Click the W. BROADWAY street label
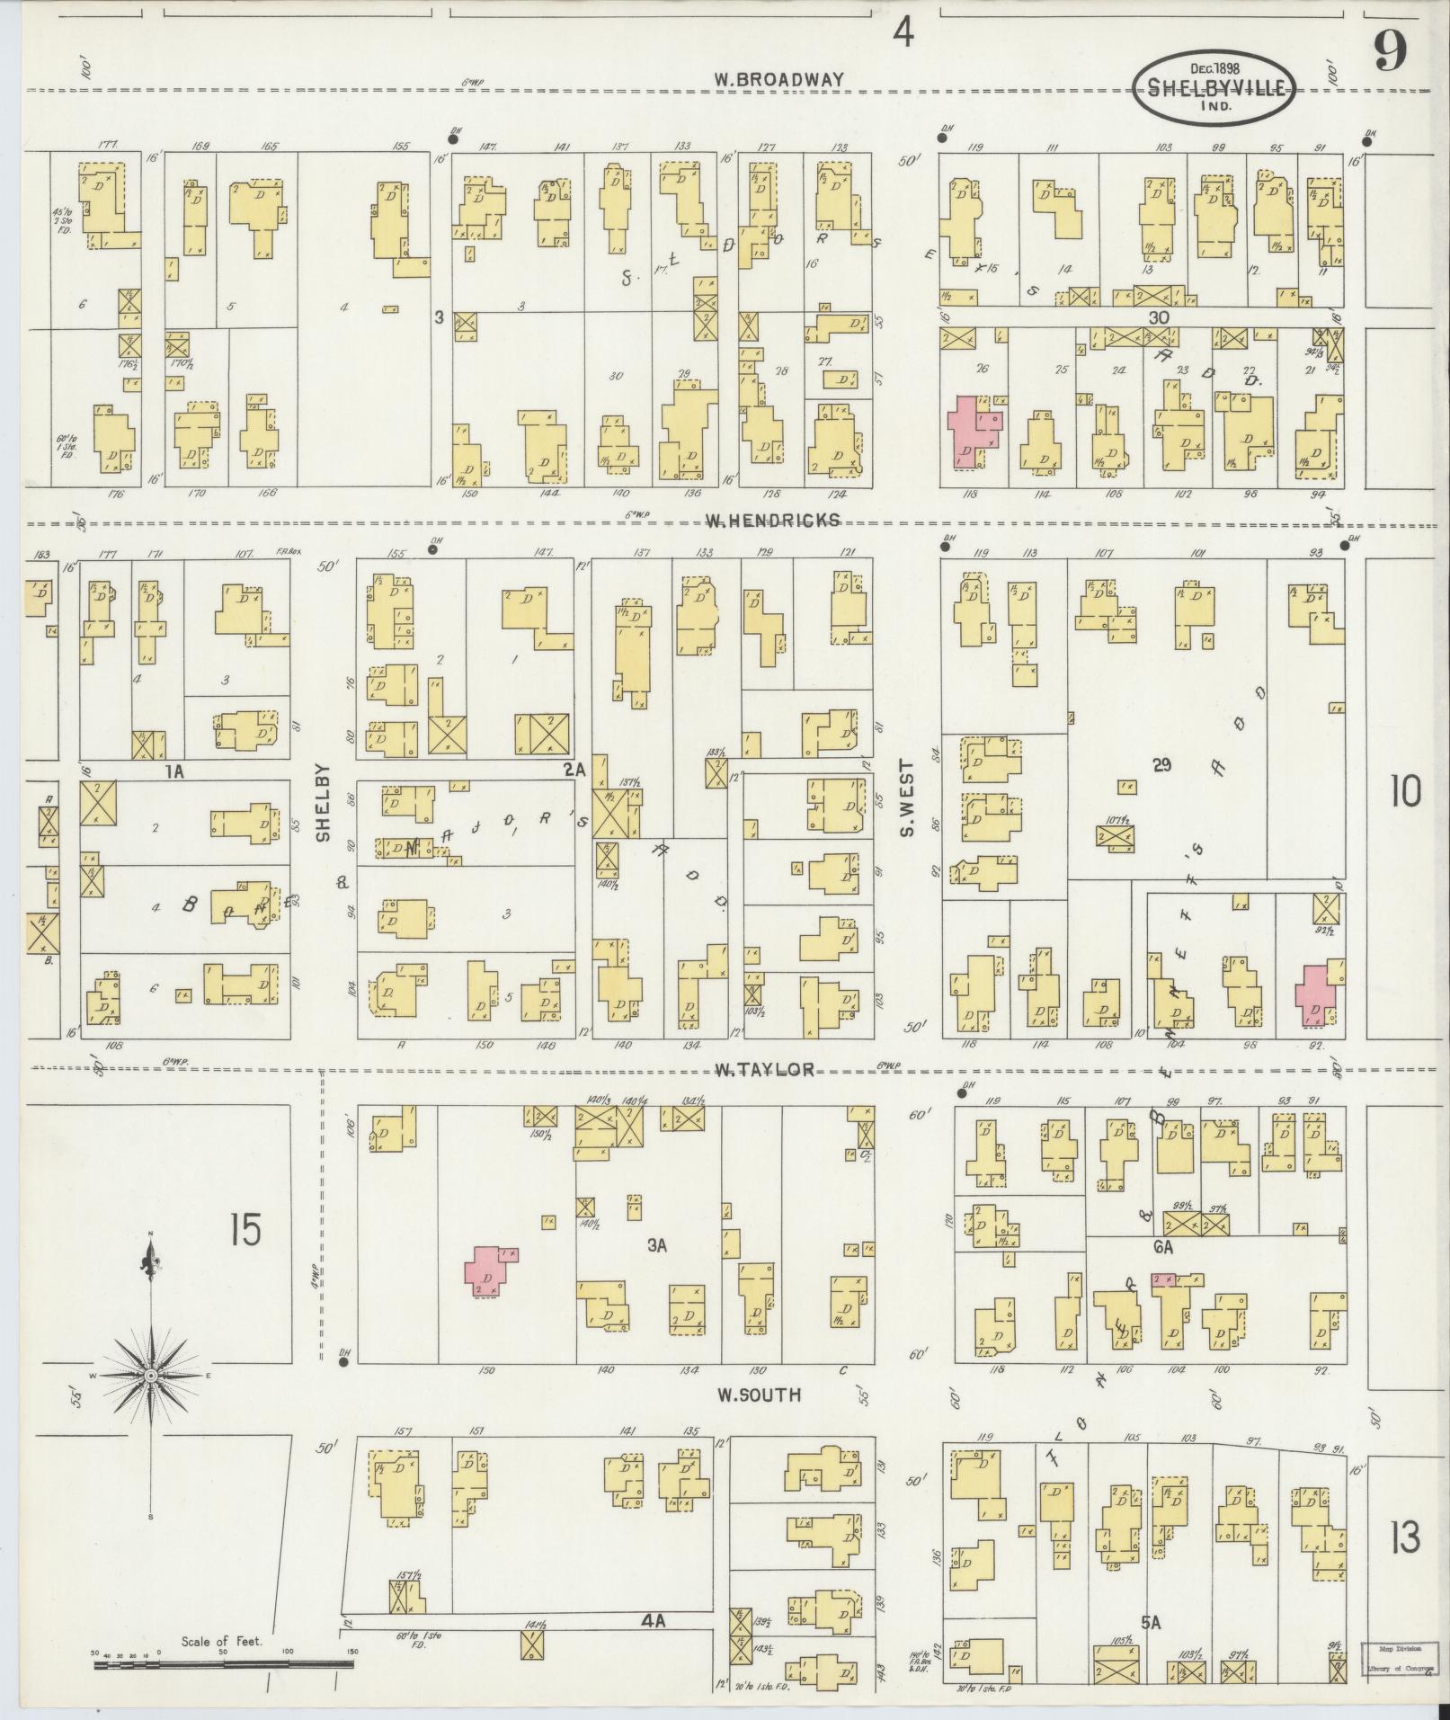[778, 79]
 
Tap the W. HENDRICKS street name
[772, 520]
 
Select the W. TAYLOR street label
[765, 1069]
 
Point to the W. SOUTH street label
[758, 1395]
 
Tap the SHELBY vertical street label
[323, 803]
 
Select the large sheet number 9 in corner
[1389, 56]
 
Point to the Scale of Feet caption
[221, 1641]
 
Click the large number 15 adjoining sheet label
[245, 1229]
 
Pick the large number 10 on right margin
[1405, 792]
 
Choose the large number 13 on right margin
[1404, 1538]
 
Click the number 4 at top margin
[903, 35]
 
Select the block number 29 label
[1162, 764]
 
